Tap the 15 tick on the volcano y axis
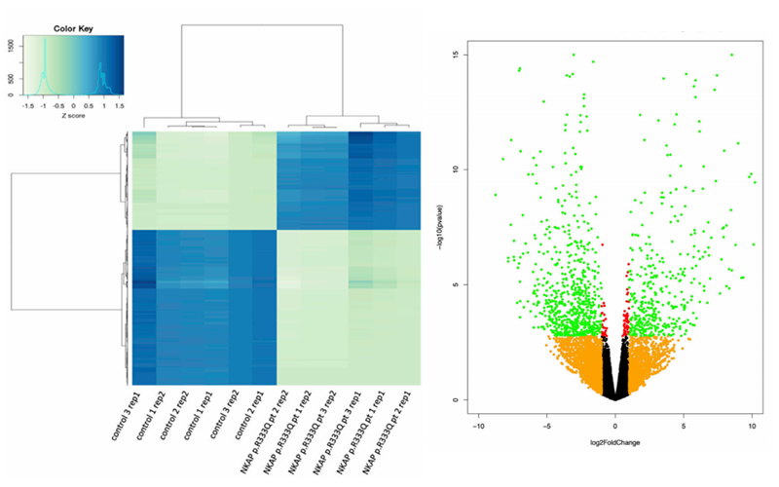456,55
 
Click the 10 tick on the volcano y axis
456,169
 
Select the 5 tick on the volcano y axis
456,284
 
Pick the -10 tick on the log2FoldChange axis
478,426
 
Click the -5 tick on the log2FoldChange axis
546,426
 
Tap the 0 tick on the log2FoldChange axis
615,426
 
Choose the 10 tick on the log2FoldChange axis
752,426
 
